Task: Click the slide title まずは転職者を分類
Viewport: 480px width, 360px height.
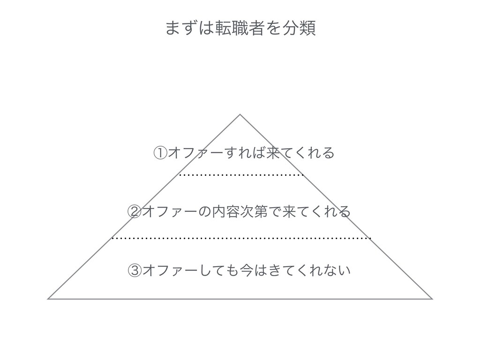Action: (240, 29)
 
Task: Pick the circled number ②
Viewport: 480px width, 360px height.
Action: (134, 211)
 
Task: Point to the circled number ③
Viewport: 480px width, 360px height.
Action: (134, 270)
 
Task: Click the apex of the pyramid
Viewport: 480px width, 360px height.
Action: (240, 114)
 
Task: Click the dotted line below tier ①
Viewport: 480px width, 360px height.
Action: (241, 175)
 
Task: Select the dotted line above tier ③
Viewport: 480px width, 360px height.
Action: (241, 238)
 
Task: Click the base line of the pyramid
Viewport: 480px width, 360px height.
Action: (240, 299)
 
